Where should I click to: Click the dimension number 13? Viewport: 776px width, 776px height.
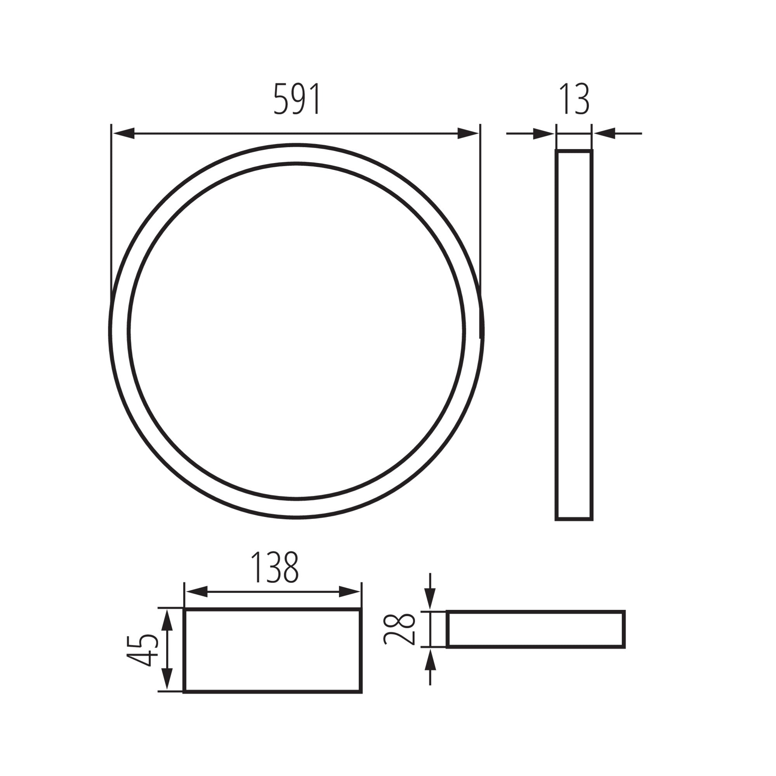tap(574, 99)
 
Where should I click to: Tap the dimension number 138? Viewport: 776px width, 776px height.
tap(275, 567)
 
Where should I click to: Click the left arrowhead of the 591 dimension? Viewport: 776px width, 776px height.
tap(123, 134)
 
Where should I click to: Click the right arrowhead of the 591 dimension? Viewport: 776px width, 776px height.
tap(468, 134)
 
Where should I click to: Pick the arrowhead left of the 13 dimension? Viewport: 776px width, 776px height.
tap(543, 133)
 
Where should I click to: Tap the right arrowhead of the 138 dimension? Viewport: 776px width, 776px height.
tap(349, 592)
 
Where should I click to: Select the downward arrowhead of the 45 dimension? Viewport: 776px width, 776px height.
tap(167, 678)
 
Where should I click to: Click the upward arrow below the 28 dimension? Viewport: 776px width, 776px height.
tap(430, 659)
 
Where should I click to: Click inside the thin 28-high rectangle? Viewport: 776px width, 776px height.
tap(536, 629)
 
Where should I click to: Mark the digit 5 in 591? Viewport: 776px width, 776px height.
tap(281, 99)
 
